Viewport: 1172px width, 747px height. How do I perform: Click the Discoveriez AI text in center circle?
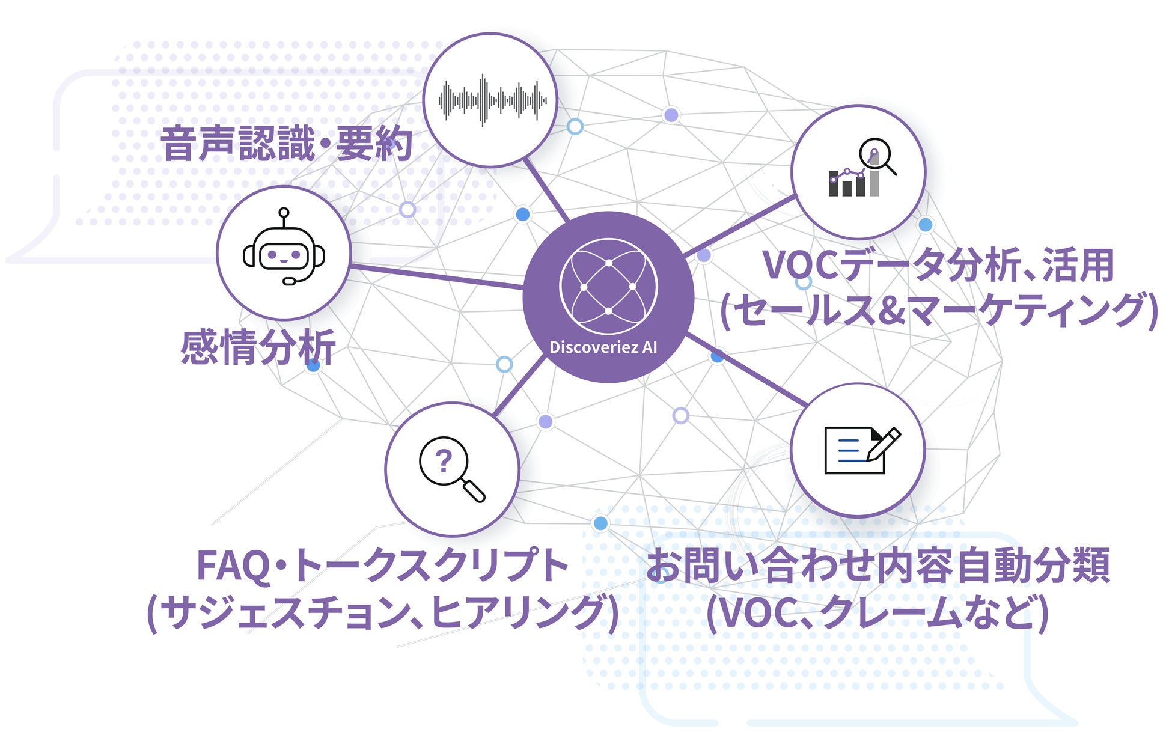[603, 347]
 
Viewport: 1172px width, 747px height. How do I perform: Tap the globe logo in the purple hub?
[608, 287]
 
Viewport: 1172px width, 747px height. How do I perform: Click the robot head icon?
[284, 252]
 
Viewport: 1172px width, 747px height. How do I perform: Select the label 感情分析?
[258, 347]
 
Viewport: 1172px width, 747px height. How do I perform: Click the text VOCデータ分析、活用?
[938, 266]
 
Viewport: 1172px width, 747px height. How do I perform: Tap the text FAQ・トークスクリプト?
[382, 566]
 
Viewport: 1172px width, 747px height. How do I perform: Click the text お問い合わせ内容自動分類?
[877, 566]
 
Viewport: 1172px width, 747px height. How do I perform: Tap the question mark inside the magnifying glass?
[443, 461]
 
